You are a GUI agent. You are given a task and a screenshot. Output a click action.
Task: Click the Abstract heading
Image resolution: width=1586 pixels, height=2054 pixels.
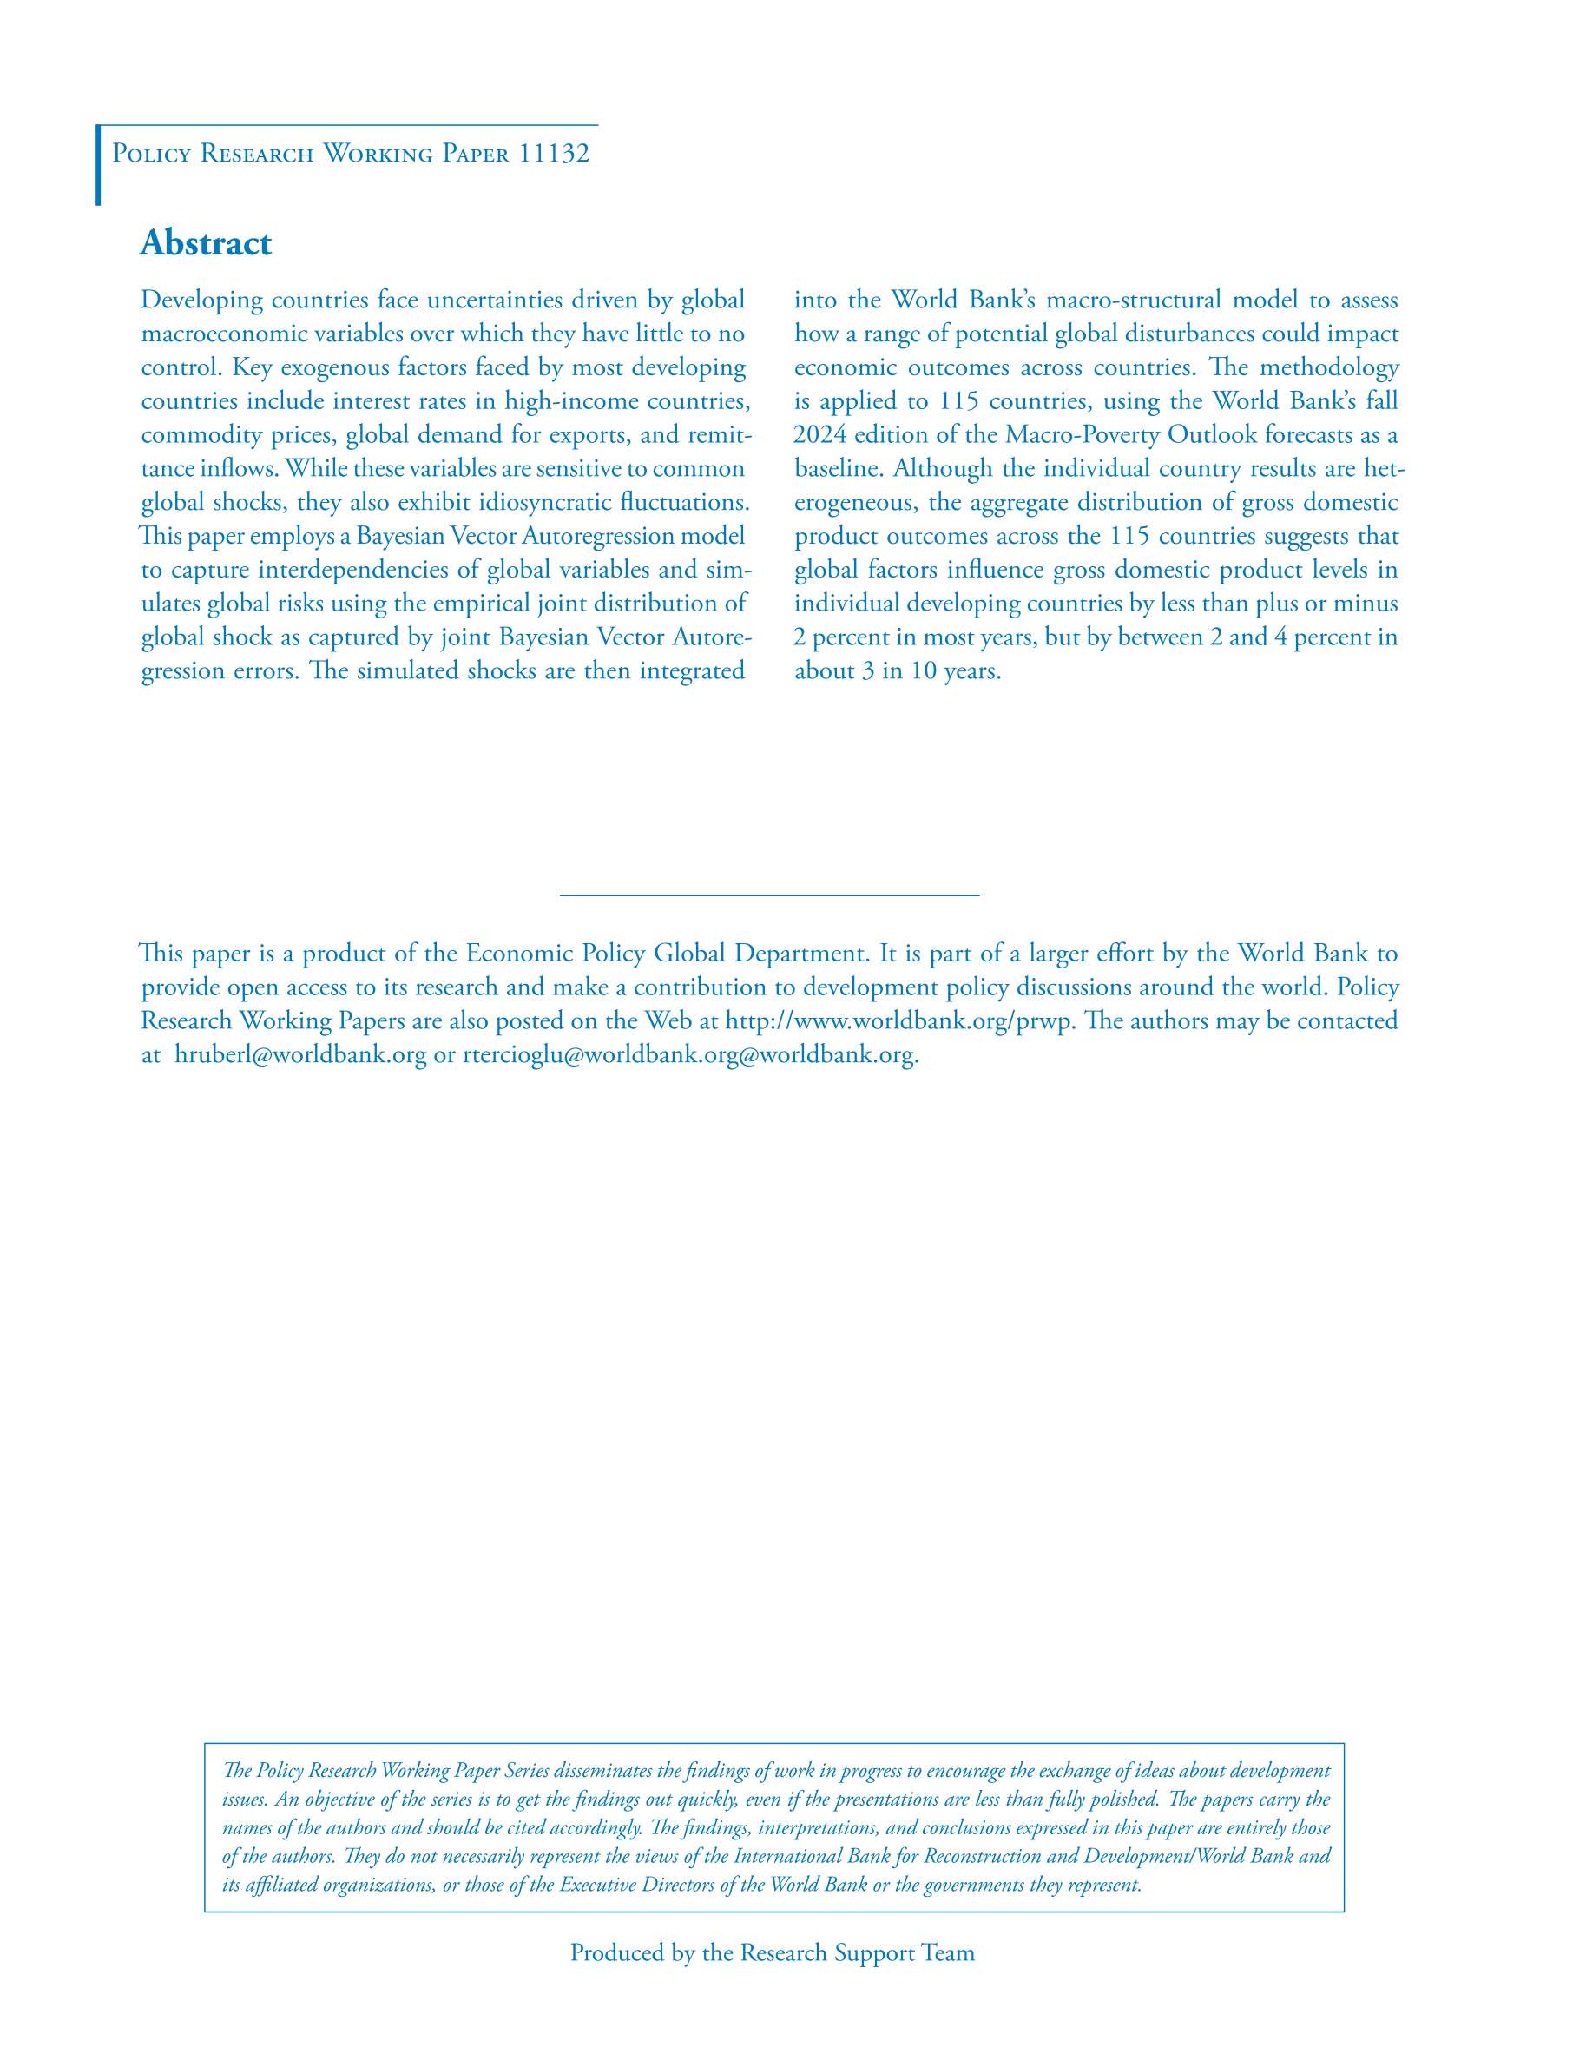205,243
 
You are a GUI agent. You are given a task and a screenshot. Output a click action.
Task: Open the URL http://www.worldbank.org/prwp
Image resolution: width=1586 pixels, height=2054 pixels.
898,1020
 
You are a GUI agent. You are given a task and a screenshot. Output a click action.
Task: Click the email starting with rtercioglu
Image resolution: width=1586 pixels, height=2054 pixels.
689,1054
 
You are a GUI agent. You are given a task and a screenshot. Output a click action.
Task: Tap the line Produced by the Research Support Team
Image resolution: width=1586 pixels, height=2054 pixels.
772,1952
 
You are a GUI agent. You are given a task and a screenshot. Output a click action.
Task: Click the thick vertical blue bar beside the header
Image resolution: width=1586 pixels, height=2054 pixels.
98,165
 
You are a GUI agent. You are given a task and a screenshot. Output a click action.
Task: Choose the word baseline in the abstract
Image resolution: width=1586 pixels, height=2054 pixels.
831,468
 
